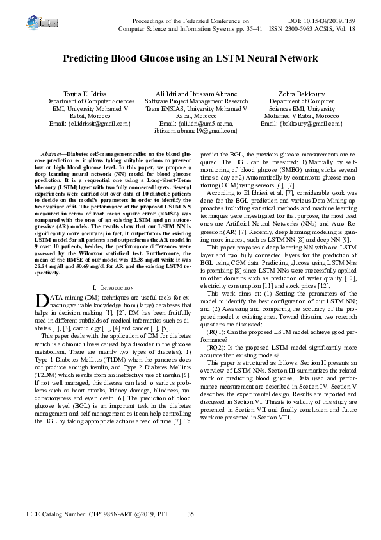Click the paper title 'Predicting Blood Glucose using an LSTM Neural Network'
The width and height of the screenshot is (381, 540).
point(190,58)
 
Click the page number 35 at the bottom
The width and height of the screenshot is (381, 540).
point(190,514)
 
